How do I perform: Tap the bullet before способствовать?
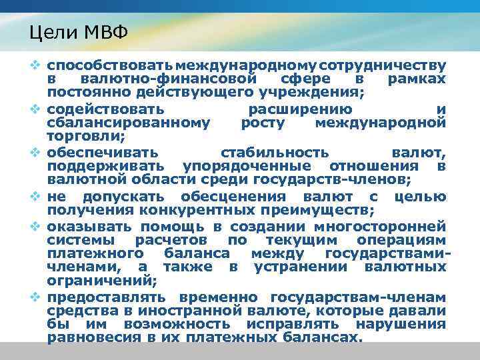(38, 66)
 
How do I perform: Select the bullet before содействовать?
(38, 109)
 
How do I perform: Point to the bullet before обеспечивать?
(38, 153)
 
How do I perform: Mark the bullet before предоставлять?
(38, 297)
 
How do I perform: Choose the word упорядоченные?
(247, 165)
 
